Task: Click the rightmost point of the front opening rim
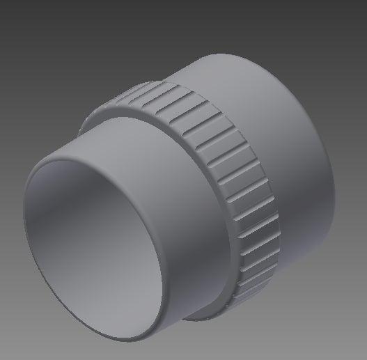(x=173, y=279)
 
